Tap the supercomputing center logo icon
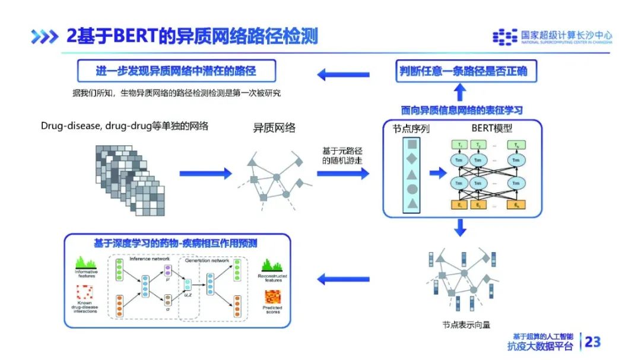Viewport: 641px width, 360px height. pyautogui.click(x=504, y=37)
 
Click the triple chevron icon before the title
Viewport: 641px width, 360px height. pyautogui.click(x=45, y=37)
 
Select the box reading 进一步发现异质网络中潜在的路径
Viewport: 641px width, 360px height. pyautogui.click(x=176, y=72)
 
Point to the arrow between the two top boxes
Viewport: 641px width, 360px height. pyautogui.click(x=343, y=74)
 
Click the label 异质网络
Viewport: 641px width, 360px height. pyautogui.click(x=274, y=128)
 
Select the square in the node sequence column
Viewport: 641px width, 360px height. pyautogui.click(x=412, y=144)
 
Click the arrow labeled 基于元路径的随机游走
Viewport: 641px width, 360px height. pyautogui.click(x=342, y=173)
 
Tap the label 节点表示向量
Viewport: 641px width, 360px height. pyautogui.click(x=467, y=324)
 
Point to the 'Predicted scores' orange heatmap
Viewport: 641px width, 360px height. pyautogui.click(x=272, y=297)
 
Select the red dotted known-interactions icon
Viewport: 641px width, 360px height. pyautogui.click(x=86, y=292)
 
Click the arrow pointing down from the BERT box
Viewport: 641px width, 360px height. pyautogui.click(x=460, y=227)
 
